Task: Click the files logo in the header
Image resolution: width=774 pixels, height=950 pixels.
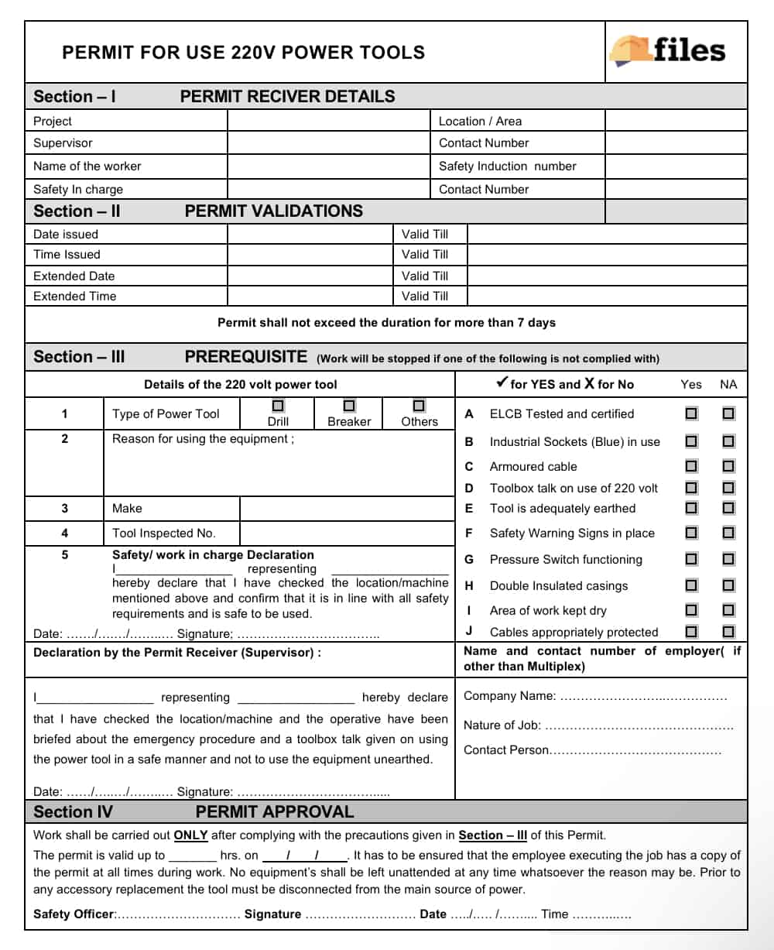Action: (x=668, y=51)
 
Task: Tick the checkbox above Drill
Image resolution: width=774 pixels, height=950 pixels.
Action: (x=278, y=406)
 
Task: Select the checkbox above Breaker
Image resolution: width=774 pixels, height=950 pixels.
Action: (x=349, y=406)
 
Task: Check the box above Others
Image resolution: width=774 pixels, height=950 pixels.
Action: (x=419, y=406)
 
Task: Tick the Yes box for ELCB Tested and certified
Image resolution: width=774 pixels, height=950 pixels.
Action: (x=691, y=413)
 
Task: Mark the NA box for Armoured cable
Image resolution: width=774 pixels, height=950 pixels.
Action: (x=728, y=466)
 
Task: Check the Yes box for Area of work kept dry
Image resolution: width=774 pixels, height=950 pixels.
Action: (x=691, y=610)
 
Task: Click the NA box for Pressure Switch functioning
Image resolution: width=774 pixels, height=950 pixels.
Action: (x=728, y=559)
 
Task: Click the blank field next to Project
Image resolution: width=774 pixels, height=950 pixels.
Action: (x=328, y=121)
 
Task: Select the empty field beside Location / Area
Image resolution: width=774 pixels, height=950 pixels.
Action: (x=676, y=121)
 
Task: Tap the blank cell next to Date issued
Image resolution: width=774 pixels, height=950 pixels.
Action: (x=310, y=234)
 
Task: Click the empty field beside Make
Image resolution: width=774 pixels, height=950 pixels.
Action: (x=347, y=508)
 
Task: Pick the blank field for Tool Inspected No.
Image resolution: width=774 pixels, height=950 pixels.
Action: (x=347, y=533)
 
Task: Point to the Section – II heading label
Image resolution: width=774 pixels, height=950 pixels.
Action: (x=77, y=211)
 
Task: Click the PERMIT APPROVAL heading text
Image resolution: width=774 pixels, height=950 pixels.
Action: (x=275, y=811)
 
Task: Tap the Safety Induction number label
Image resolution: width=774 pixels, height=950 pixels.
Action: (x=507, y=166)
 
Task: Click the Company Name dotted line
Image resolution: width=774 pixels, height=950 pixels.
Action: (x=643, y=697)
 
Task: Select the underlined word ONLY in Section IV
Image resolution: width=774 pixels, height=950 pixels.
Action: (x=190, y=835)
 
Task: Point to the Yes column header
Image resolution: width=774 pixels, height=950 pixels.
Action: (x=691, y=384)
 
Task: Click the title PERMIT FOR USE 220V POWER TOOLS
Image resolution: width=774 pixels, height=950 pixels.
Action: (x=243, y=53)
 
